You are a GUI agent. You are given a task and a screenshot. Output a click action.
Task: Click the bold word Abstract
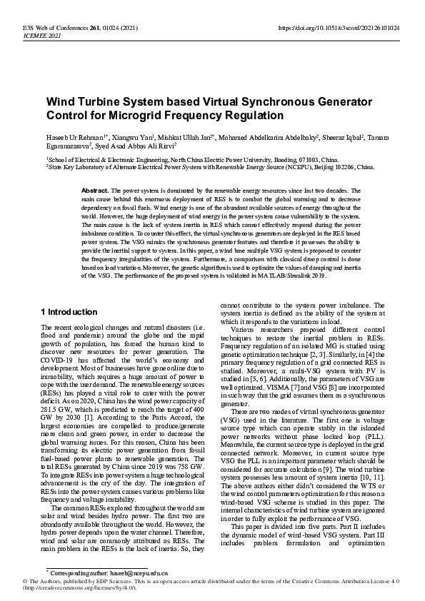pyautogui.click(x=95, y=191)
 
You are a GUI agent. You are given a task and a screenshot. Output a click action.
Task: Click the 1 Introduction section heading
pyautogui.click(x=69, y=312)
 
